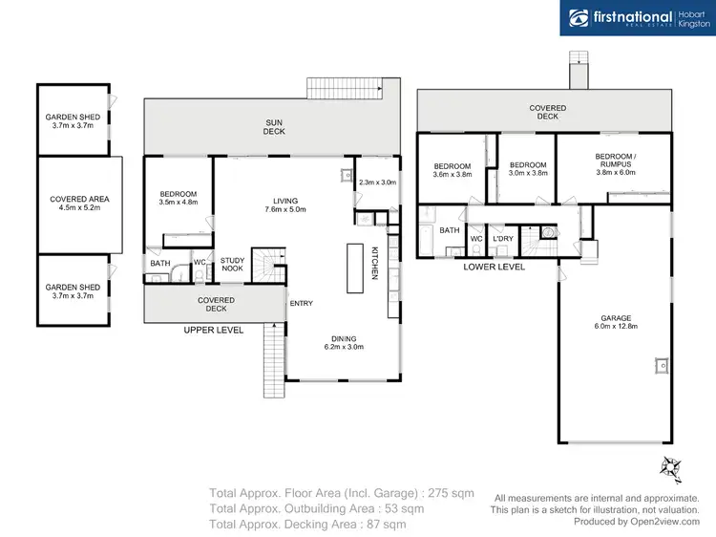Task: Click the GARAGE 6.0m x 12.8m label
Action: pos(616,323)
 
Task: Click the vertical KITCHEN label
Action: pos(375,263)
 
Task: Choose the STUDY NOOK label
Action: pos(232,265)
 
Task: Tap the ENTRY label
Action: pos(301,304)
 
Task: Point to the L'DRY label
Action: pos(503,239)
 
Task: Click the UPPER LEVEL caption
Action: pos(214,330)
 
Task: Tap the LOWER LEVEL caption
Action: pos(494,268)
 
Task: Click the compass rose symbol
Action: pos(672,466)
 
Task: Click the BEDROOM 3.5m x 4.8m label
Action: pos(178,199)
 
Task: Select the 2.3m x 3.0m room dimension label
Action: pos(376,182)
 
